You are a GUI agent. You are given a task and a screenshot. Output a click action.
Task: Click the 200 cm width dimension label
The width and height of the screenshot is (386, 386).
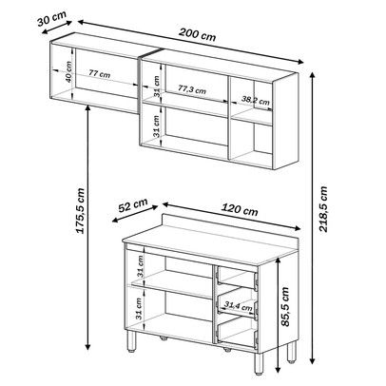coord(197,34)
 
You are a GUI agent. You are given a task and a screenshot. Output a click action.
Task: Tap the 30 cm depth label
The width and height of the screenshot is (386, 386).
coord(51,19)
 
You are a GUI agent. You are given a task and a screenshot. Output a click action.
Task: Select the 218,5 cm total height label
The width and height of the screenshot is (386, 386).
coord(323,209)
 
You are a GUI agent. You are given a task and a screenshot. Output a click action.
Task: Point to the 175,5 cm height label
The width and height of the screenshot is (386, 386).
coord(81,211)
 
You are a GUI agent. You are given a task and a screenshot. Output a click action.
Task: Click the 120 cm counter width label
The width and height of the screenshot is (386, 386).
coord(240,210)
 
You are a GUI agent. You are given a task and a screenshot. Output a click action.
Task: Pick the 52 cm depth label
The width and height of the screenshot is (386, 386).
coord(133,205)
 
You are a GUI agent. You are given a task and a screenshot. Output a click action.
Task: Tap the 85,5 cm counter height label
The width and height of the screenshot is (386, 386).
coord(285,307)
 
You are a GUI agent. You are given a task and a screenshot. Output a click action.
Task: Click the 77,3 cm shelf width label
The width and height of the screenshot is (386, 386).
coord(191,89)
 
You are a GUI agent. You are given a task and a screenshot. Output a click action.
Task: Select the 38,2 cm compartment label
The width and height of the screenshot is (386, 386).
coord(256,100)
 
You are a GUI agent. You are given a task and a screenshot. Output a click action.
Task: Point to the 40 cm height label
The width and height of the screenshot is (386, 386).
coord(68,72)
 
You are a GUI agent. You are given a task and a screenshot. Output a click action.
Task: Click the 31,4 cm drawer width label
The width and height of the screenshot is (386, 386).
coord(239,306)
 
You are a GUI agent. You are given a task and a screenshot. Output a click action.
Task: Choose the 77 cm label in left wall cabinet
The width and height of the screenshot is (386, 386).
coord(99,74)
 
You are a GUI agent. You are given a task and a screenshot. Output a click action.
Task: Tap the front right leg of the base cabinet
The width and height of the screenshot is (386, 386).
coord(259,364)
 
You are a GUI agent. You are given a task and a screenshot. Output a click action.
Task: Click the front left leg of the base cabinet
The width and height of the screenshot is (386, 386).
coord(132,341)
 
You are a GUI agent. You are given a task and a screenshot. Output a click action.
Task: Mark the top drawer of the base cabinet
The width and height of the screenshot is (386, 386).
coord(237,278)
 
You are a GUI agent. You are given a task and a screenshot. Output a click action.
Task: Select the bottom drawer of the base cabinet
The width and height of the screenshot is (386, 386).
coord(237,330)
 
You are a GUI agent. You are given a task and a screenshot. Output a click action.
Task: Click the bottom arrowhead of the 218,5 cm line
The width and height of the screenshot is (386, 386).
coord(313,360)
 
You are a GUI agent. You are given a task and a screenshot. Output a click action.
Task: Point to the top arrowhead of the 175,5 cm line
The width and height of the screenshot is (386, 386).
coord(88,107)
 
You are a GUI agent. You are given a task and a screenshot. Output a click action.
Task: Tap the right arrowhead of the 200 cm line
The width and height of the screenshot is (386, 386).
coord(299,61)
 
